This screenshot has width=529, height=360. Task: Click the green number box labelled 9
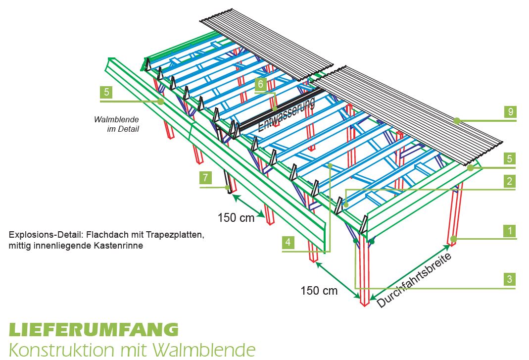[510, 111]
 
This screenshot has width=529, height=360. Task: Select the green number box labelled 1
[510, 231]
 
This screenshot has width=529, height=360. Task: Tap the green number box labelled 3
[510, 279]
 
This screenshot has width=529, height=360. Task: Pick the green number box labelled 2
[510, 181]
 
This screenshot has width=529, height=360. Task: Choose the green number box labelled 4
[289, 243]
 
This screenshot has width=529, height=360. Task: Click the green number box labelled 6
[261, 84]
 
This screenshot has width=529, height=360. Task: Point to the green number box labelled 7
[205, 177]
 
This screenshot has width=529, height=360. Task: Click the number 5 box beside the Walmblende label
[106, 92]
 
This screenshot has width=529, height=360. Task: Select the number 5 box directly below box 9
[510, 159]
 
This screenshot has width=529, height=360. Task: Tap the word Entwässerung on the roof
[287, 115]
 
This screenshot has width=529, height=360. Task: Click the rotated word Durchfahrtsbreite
[415, 280]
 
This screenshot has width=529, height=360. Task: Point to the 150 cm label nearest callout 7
[236, 217]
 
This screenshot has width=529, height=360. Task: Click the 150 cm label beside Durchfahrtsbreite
[319, 291]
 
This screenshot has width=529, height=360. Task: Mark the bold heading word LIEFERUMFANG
[94, 329]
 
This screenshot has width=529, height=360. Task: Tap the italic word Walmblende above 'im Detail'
[116, 119]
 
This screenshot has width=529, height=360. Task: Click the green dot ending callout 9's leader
[457, 120]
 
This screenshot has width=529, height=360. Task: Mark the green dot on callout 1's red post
[453, 239]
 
